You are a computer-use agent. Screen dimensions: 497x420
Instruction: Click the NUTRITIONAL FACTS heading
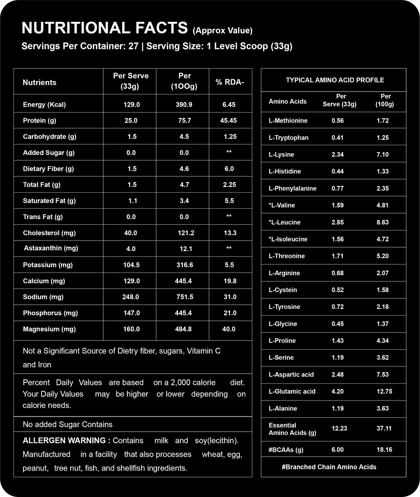(x=104, y=28)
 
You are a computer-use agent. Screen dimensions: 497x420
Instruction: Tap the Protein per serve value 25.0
(x=131, y=120)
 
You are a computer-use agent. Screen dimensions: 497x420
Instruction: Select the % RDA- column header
(x=229, y=82)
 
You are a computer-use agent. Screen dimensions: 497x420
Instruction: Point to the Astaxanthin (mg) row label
(x=51, y=248)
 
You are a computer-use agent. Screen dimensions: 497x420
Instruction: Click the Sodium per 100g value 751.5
(x=185, y=297)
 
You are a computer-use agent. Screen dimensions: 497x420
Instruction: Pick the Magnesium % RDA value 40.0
(x=229, y=329)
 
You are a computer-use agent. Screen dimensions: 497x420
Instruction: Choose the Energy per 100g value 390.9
(x=184, y=105)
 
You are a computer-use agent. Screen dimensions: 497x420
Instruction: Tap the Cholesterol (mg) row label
(x=49, y=233)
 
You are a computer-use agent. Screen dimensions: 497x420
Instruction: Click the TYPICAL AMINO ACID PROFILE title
(x=335, y=80)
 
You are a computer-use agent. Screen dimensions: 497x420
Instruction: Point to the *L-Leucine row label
(x=284, y=222)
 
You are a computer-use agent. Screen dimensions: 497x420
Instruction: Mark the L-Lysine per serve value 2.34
(x=338, y=154)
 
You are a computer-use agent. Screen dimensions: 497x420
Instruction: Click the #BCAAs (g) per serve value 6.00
(x=338, y=450)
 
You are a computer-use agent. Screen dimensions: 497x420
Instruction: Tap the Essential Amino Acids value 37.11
(x=384, y=429)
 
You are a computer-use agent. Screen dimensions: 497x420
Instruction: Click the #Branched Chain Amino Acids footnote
(x=329, y=467)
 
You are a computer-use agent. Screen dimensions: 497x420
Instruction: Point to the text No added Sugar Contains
(x=68, y=424)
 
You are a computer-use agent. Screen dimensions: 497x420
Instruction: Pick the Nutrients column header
(x=39, y=82)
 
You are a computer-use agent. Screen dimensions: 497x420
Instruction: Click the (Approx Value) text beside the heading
(x=222, y=31)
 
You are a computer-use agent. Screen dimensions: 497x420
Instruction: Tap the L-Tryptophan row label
(x=289, y=138)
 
